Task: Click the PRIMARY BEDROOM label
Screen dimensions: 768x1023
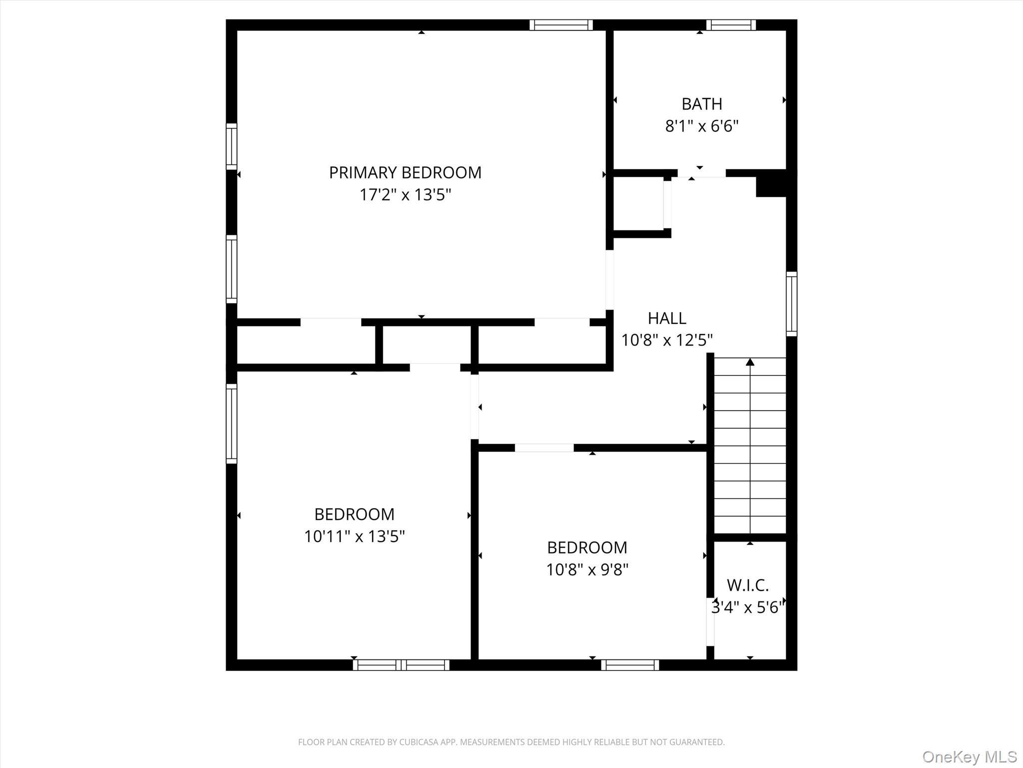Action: click(405, 172)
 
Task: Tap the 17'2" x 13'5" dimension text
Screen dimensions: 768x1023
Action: click(405, 194)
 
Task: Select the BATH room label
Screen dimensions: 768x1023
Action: click(702, 104)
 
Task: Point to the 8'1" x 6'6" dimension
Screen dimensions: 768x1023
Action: click(702, 126)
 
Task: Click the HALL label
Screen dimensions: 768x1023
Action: click(667, 318)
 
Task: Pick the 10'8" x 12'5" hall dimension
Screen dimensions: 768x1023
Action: click(667, 340)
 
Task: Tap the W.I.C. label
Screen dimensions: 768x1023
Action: click(747, 585)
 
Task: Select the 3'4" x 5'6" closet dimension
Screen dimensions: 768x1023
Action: click(747, 607)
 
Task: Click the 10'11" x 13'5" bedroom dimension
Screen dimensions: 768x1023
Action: click(354, 536)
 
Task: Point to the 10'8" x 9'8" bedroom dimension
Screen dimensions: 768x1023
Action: click(587, 569)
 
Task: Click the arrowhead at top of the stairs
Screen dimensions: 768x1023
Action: click(750, 362)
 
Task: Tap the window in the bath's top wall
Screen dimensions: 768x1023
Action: click(731, 25)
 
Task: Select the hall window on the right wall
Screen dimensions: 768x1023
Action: click(791, 303)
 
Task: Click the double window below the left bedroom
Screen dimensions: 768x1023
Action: click(401, 665)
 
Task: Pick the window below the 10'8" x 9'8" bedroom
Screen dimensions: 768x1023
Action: click(630, 665)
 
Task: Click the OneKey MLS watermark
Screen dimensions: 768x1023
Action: click(969, 756)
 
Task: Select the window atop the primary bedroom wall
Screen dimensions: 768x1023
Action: click(561, 25)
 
